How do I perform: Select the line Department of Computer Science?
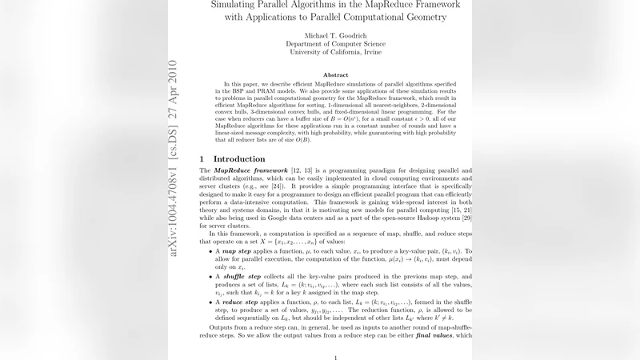pyautogui.click(x=335, y=43)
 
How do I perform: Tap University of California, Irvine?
pyautogui.click(x=335, y=53)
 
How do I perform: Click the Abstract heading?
pyautogui.click(x=335, y=74)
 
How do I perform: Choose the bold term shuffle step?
pyautogui.click(x=242, y=277)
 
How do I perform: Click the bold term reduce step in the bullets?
pyautogui.click(x=240, y=302)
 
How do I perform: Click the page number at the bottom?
pyautogui.click(x=335, y=358)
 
